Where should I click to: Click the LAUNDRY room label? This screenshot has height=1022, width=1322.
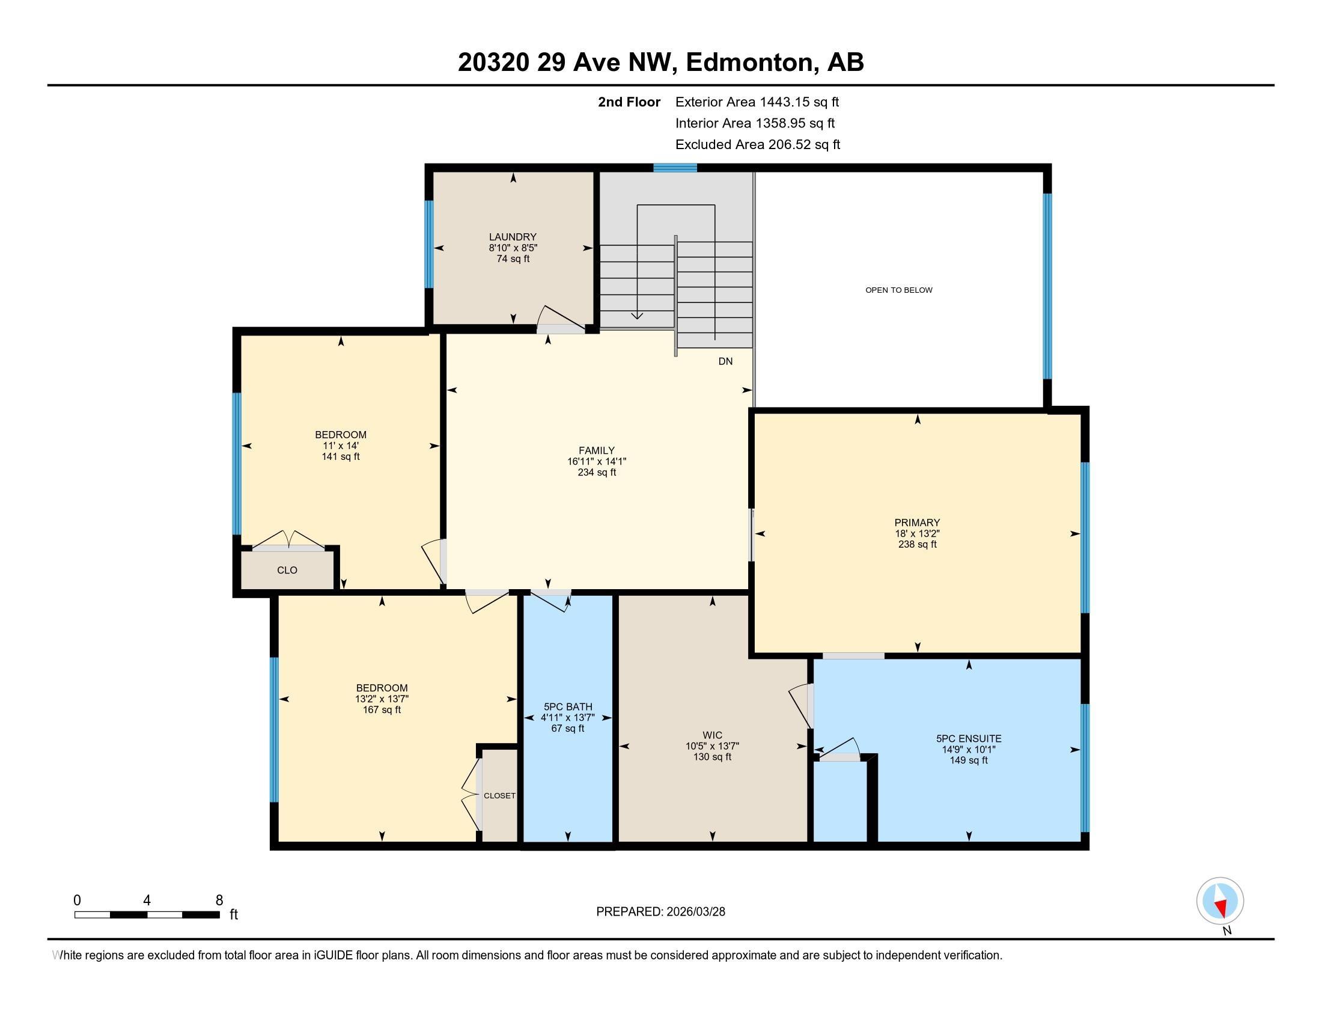click(x=513, y=237)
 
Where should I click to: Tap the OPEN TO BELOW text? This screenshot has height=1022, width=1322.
click(x=898, y=290)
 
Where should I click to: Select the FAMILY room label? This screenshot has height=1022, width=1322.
click(x=596, y=450)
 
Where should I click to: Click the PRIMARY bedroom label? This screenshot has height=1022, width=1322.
click(x=917, y=522)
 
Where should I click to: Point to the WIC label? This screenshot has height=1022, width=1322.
click(x=713, y=736)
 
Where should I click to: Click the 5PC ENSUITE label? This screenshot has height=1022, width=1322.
click(x=969, y=739)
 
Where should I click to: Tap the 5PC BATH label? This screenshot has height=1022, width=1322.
click(x=567, y=706)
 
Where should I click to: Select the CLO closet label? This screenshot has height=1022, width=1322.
click(x=287, y=571)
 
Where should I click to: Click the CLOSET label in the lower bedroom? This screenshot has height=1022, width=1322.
click(x=499, y=795)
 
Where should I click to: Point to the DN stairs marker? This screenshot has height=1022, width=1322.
click(x=725, y=361)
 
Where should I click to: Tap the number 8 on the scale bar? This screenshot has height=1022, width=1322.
click(x=219, y=901)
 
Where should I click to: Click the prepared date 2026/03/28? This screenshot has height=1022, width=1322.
click(x=695, y=912)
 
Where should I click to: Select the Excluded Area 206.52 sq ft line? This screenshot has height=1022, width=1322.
click(x=757, y=145)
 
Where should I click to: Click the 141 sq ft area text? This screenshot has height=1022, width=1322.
click(x=340, y=456)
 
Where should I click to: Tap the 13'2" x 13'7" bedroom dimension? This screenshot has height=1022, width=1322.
click(x=382, y=699)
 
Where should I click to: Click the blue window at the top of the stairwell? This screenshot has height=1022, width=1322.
click(x=675, y=168)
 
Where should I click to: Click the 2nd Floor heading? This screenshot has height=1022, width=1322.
click(x=629, y=102)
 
